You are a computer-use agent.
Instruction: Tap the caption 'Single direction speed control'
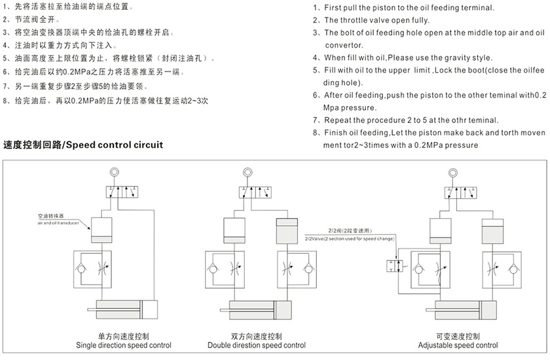[124, 345]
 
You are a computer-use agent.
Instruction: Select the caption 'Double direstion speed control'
[256, 345]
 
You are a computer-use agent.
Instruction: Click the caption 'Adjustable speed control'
[458, 345]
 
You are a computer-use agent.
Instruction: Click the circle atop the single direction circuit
[115, 173]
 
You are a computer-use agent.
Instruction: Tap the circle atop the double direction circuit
[247, 173]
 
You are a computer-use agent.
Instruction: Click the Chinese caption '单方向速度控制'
[124, 336]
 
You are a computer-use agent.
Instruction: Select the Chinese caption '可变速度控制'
[458, 336]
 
